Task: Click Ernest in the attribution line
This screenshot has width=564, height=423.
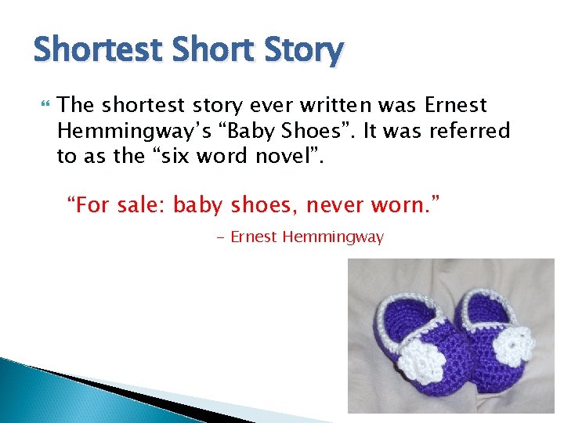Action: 254,237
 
